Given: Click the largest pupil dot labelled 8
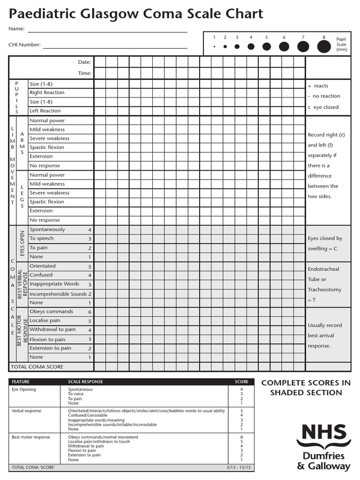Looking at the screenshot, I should click(x=324, y=46).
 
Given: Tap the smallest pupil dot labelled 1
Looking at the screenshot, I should click(x=214, y=47).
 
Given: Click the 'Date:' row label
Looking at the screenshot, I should click(x=84, y=62).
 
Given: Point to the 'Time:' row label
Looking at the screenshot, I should click(x=84, y=73).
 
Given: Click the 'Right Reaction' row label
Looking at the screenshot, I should click(x=47, y=93).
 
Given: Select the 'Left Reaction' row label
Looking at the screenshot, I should click(x=45, y=111).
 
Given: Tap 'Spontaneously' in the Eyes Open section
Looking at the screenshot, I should click(x=47, y=230).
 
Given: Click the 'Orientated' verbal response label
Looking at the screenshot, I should click(x=43, y=266).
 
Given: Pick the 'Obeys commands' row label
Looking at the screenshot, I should click(x=51, y=312).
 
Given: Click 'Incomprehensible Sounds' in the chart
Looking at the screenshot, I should click(x=58, y=294).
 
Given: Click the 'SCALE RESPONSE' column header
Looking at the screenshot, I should click(x=85, y=382).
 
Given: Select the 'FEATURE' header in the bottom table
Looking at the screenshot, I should click(x=20, y=382).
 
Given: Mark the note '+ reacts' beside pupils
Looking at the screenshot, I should click(x=318, y=86).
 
